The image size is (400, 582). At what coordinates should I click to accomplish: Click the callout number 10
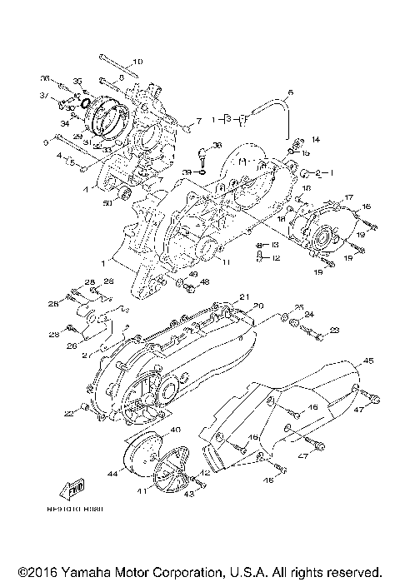pyautogui.click(x=137, y=62)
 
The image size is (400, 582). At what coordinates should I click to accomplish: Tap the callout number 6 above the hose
pyautogui.click(x=291, y=92)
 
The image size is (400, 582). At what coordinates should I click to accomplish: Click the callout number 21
pyautogui.click(x=244, y=296)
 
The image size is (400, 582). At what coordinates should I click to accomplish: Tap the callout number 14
pyautogui.click(x=315, y=138)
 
